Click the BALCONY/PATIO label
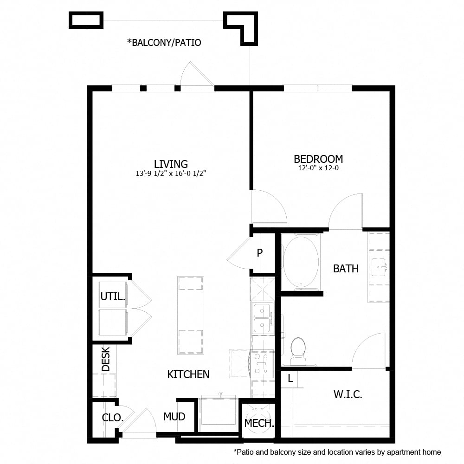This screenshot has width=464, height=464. point(164,43)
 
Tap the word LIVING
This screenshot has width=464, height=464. point(171,164)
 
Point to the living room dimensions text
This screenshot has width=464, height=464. point(171,174)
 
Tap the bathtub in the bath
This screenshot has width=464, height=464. point(301,262)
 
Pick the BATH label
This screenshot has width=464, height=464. point(346,268)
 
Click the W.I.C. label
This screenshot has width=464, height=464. point(348,395)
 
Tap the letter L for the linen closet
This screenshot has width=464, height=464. point(290,378)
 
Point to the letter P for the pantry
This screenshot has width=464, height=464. point(260,253)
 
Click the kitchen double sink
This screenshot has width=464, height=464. point(262,318)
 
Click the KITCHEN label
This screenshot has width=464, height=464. point(188,374)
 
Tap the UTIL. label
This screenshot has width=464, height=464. point(113,296)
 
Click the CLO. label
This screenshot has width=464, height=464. point(113,418)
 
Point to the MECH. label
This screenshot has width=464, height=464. point(259,423)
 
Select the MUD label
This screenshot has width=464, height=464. point(174,417)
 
